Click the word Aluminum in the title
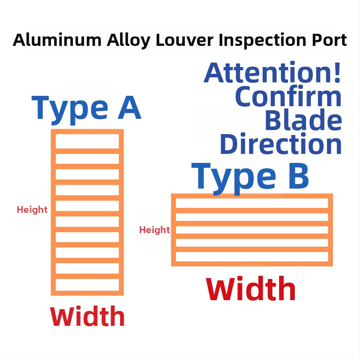57,40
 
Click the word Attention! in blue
272,72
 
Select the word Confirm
288,96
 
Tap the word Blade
303,120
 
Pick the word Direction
281,144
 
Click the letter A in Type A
129,108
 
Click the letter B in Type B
298,176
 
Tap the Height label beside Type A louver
32,210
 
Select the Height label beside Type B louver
154,230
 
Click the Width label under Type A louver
87,316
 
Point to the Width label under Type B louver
251,289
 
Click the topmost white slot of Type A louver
87,141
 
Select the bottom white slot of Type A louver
87,285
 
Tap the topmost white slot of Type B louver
252,203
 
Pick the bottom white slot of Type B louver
252,256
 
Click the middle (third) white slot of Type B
252,230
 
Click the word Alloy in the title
129,40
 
